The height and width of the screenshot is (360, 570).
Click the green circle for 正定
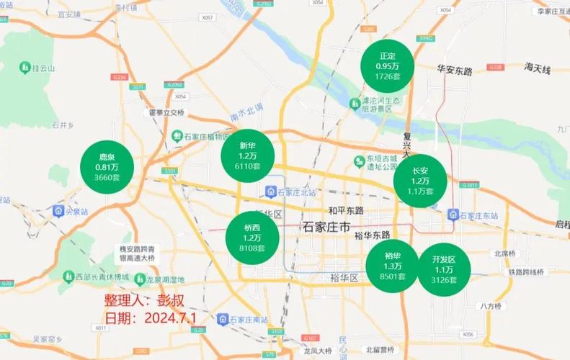point(387,66)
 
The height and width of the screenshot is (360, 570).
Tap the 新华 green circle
point(247,155)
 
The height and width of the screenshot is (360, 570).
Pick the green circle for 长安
point(420,181)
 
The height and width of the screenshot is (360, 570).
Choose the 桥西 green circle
point(251,238)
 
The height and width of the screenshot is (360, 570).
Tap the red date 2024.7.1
point(151,318)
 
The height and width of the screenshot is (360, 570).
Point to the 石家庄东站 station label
point(478,215)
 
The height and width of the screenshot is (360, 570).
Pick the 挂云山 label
point(41,68)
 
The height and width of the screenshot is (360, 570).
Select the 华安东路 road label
point(454,71)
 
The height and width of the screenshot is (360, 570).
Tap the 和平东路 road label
point(346,210)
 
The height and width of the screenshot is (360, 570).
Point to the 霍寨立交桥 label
point(167,112)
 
